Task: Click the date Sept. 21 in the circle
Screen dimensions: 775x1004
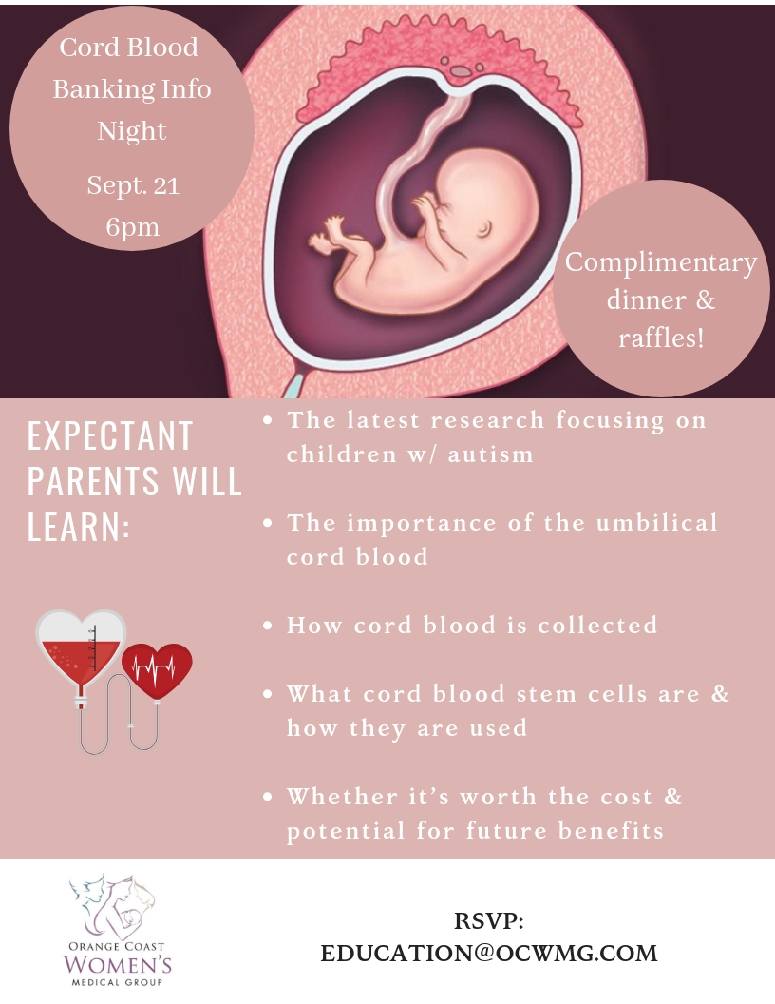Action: click(x=133, y=185)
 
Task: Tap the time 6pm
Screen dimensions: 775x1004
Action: click(x=132, y=227)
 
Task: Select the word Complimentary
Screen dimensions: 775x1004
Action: click(x=660, y=263)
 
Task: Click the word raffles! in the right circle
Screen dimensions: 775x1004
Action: click(x=661, y=338)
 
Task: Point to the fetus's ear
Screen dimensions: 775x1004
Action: click(x=484, y=228)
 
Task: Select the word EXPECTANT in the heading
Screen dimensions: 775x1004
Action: click(x=110, y=436)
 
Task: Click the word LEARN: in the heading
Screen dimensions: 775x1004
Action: click(x=79, y=527)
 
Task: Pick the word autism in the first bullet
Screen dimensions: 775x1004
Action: click(x=490, y=454)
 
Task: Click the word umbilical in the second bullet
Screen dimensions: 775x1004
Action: click(x=656, y=523)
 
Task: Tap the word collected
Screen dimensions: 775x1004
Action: click(x=598, y=625)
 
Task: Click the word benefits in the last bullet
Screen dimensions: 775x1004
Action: click(x=612, y=830)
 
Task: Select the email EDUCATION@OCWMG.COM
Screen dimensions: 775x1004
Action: click(x=489, y=953)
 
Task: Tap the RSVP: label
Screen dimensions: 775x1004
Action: click(x=489, y=920)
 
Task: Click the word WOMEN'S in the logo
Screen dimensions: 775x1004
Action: click(x=118, y=965)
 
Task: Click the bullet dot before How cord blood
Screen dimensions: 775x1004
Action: click(x=268, y=626)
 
